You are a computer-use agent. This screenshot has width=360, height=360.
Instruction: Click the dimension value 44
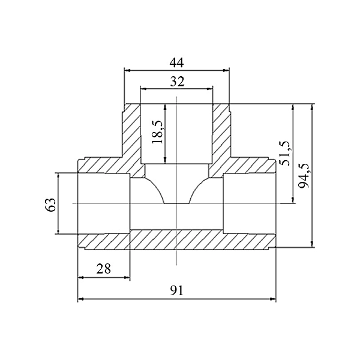(x=177, y=62)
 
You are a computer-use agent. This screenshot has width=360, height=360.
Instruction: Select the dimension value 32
(x=177, y=81)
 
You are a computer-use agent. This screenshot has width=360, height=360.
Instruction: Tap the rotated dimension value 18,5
(x=157, y=132)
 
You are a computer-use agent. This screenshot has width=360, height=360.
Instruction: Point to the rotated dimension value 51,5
(x=285, y=154)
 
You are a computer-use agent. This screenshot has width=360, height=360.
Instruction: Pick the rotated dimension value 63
(x=50, y=205)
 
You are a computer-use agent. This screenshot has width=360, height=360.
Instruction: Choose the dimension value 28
(x=104, y=269)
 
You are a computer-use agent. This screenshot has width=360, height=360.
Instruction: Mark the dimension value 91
(x=177, y=290)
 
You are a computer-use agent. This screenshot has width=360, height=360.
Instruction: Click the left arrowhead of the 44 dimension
(x=127, y=70)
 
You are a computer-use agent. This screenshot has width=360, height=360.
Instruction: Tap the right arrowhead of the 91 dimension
(x=273, y=299)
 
